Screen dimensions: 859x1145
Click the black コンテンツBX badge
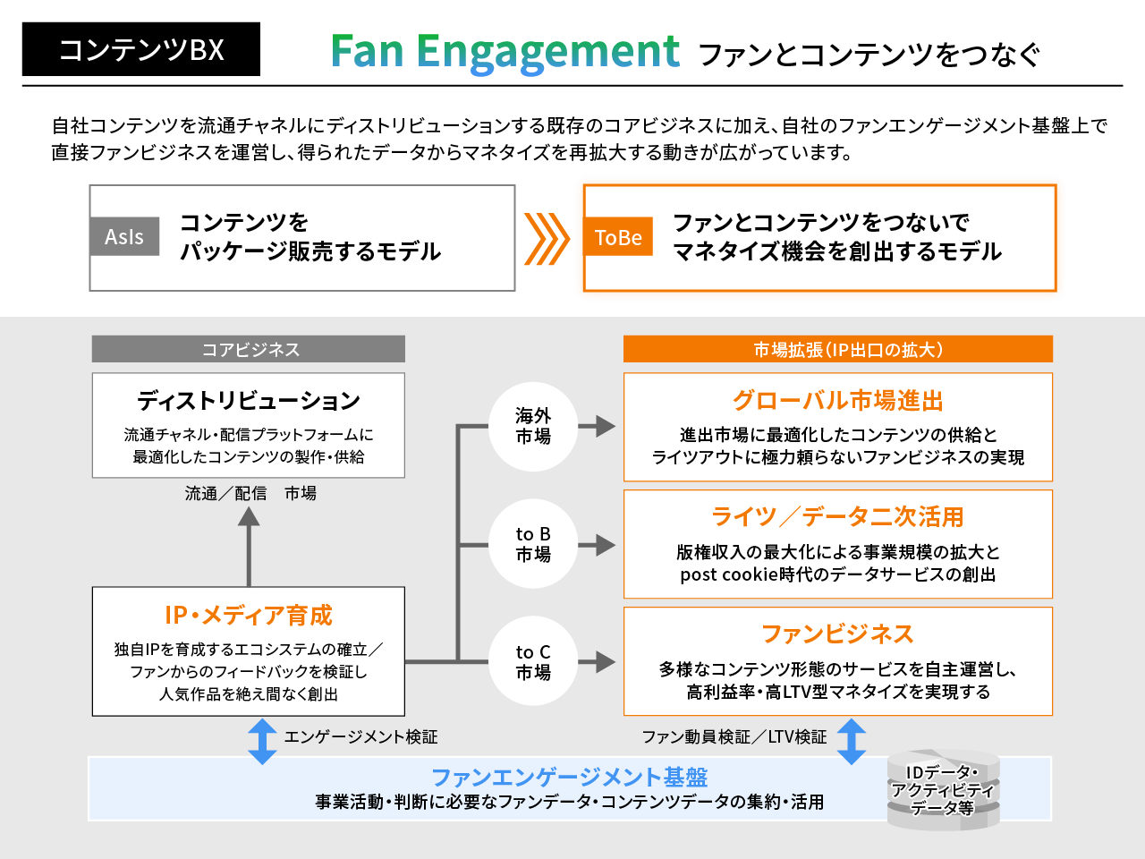(x=140, y=49)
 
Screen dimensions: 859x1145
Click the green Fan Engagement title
(x=505, y=52)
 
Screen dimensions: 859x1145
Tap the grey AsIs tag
(x=124, y=236)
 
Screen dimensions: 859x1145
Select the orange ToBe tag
(x=618, y=237)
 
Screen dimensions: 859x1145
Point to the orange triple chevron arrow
(x=546, y=239)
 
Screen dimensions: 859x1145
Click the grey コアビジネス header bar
(x=249, y=349)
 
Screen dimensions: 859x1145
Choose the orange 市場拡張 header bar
(x=837, y=349)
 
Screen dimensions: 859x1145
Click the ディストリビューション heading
(x=249, y=401)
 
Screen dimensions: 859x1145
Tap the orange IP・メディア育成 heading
(x=249, y=616)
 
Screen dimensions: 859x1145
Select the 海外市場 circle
(x=533, y=426)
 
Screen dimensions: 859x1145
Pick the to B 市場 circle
(x=533, y=544)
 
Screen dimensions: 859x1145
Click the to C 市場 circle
(x=533, y=662)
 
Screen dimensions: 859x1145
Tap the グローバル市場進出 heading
(x=837, y=401)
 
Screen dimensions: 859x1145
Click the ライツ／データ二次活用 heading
(x=837, y=517)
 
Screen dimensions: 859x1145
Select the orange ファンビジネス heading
(x=837, y=634)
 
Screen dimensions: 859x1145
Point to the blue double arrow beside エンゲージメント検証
(x=262, y=741)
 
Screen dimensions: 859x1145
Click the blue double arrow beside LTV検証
(x=852, y=741)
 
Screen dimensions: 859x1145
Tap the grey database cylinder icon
(x=943, y=789)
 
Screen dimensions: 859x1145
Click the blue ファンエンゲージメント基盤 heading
(x=569, y=777)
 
